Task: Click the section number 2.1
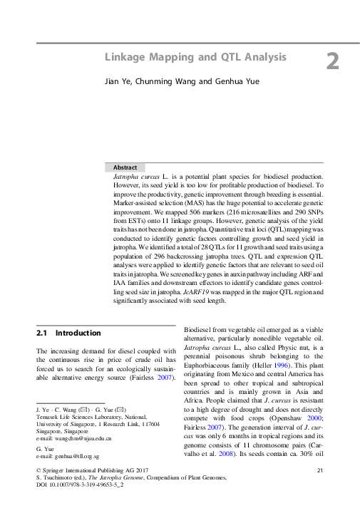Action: coord(42,333)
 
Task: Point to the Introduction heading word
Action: coord(78,333)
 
